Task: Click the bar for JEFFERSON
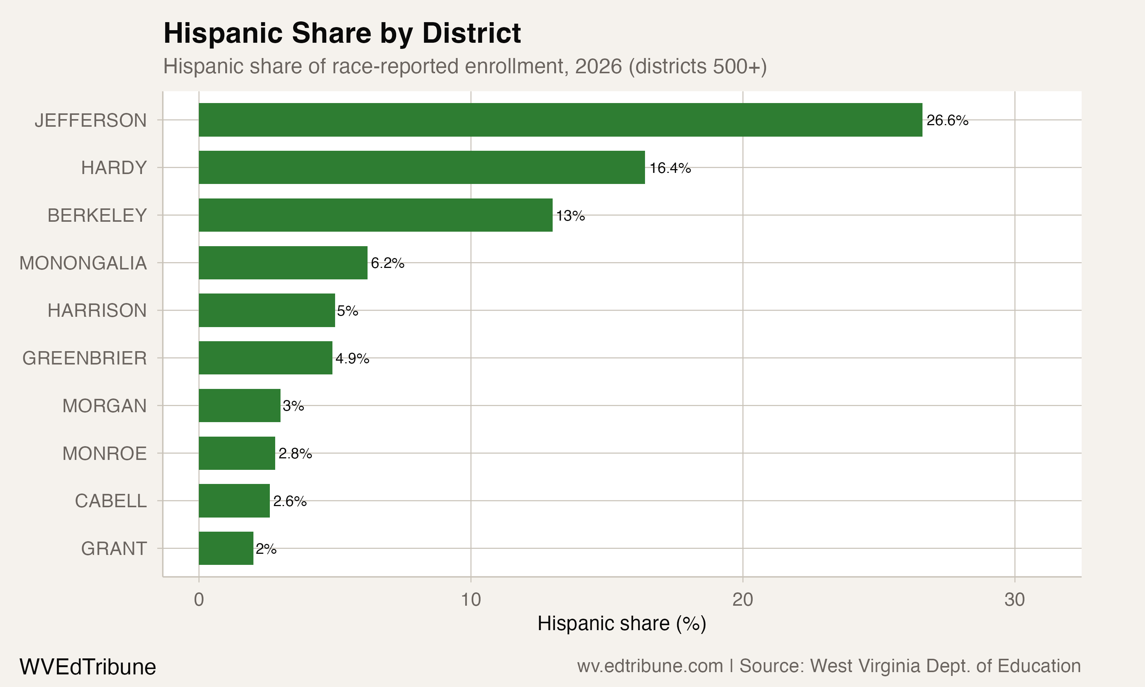(560, 120)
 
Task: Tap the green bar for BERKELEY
(375, 215)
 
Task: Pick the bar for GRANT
(226, 548)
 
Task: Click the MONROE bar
(237, 453)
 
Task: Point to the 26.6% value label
(947, 120)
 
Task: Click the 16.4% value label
(670, 168)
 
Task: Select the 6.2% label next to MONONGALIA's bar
(387, 263)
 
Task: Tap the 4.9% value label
(352, 358)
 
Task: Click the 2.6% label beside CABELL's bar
(290, 501)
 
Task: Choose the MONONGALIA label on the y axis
(83, 263)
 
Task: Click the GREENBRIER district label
(85, 358)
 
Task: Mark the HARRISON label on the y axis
(97, 310)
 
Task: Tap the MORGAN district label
(105, 406)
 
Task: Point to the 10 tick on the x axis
(471, 600)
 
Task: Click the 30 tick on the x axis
(1014, 600)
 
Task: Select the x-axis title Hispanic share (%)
(622, 624)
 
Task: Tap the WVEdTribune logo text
(87, 667)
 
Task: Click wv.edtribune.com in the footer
(650, 666)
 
